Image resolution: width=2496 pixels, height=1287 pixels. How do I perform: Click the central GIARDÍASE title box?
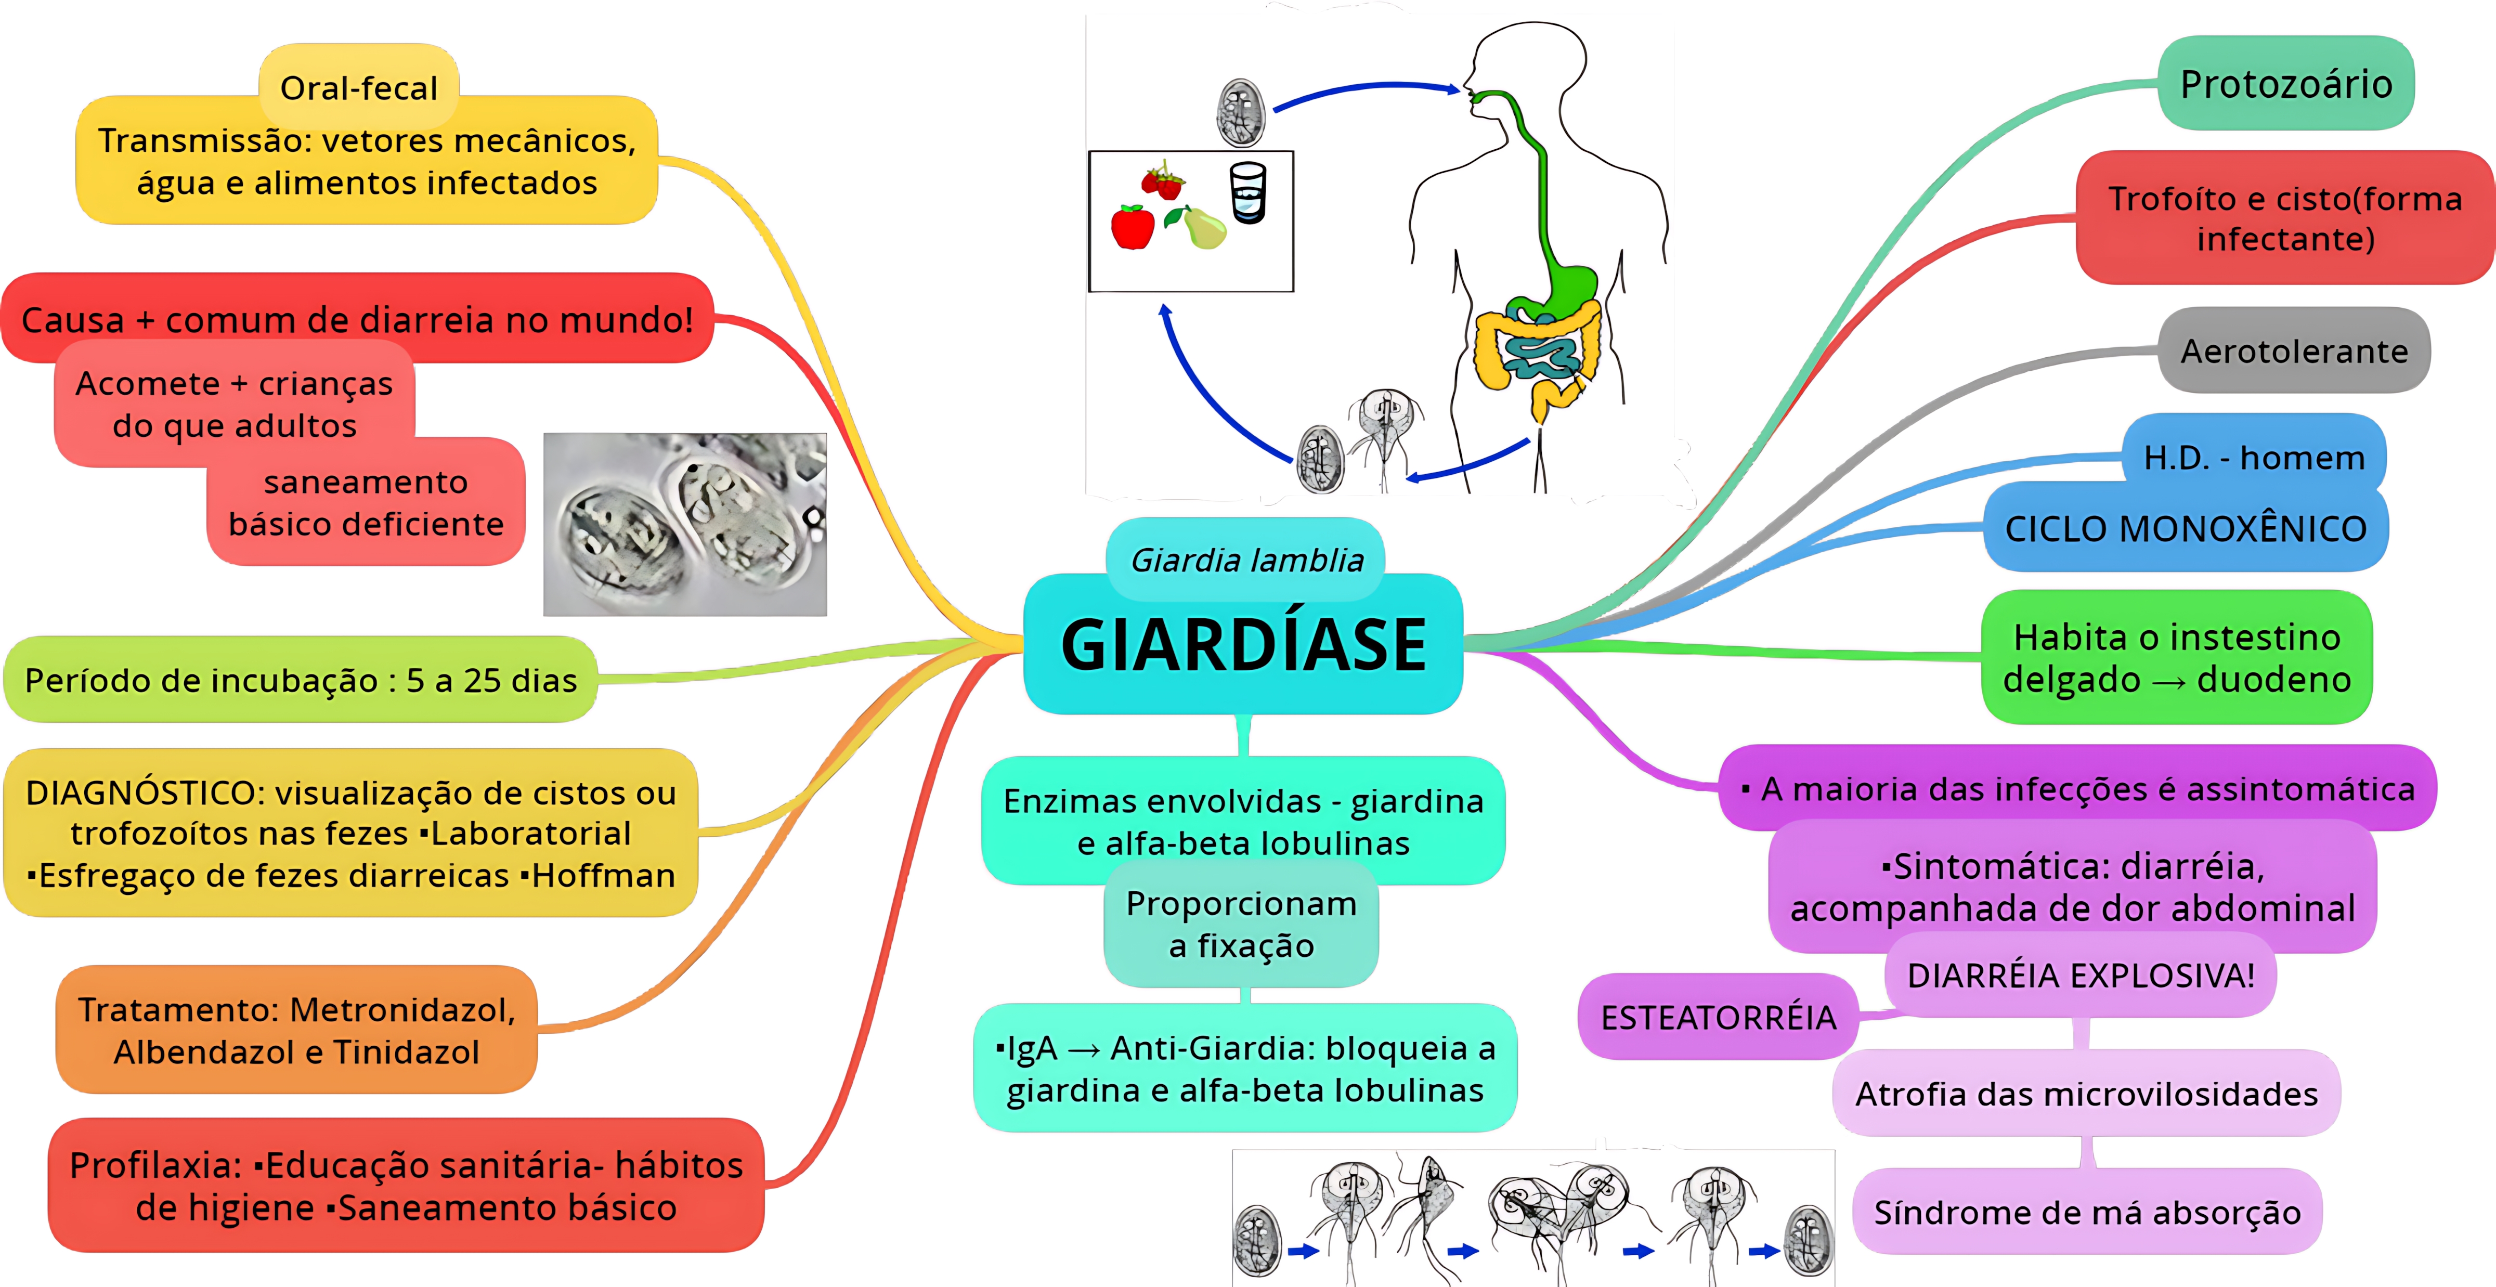[x=1243, y=644]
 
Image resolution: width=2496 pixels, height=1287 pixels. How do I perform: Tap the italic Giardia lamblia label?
[x=1246, y=560]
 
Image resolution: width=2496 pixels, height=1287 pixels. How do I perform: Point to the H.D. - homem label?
[x=2254, y=458]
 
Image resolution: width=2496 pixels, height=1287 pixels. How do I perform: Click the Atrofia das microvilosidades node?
[x=2086, y=1094]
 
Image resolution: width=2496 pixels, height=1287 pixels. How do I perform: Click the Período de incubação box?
[x=301, y=680]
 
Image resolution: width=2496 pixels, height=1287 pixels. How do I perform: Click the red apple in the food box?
[x=1132, y=228]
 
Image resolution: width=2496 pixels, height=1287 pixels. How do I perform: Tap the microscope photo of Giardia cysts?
[x=685, y=524]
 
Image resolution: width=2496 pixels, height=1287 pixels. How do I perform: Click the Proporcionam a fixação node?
[x=1241, y=925]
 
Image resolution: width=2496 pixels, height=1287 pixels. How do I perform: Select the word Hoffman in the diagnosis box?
[x=603, y=875]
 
